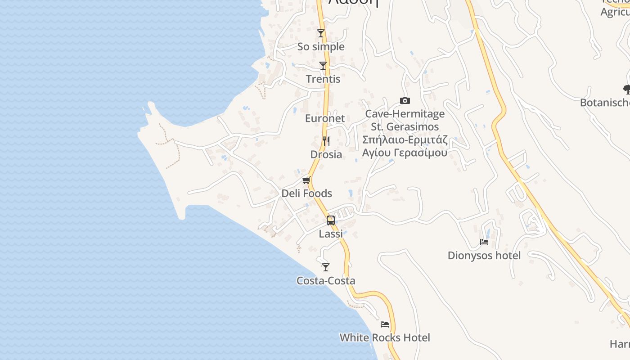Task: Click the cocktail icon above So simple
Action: (321, 33)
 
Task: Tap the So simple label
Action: (321, 47)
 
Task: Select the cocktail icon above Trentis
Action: (323, 66)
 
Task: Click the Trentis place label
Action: (323, 79)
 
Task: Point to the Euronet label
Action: (325, 118)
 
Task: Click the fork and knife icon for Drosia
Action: (326, 141)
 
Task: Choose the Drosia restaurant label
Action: (326, 154)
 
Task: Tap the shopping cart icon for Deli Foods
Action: (306, 180)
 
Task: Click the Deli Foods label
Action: (306, 193)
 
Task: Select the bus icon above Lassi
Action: (331, 220)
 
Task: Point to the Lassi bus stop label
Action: (331, 234)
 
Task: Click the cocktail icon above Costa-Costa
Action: (326, 267)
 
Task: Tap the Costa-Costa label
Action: (326, 281)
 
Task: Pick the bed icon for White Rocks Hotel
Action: (385, 324)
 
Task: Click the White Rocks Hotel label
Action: (385, 337)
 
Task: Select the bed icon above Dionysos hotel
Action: (484, 242)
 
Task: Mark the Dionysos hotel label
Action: (484, 256)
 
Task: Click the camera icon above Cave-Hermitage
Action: (405, 101)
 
